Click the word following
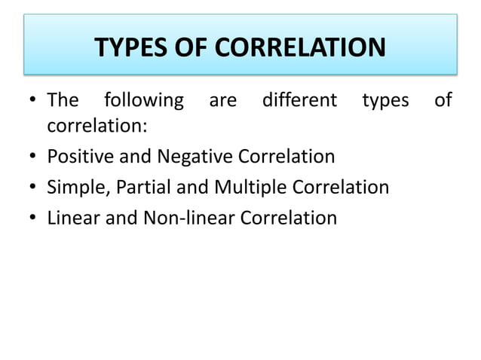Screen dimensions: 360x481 [x=143, y=100]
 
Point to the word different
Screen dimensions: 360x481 [x=299, y=100]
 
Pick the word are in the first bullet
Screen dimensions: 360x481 [x=222, y=100]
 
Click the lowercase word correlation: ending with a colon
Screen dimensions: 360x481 [x=97, y=126]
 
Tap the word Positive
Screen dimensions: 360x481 [x=78, y=157]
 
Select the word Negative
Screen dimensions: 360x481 [x=195, y=157]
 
